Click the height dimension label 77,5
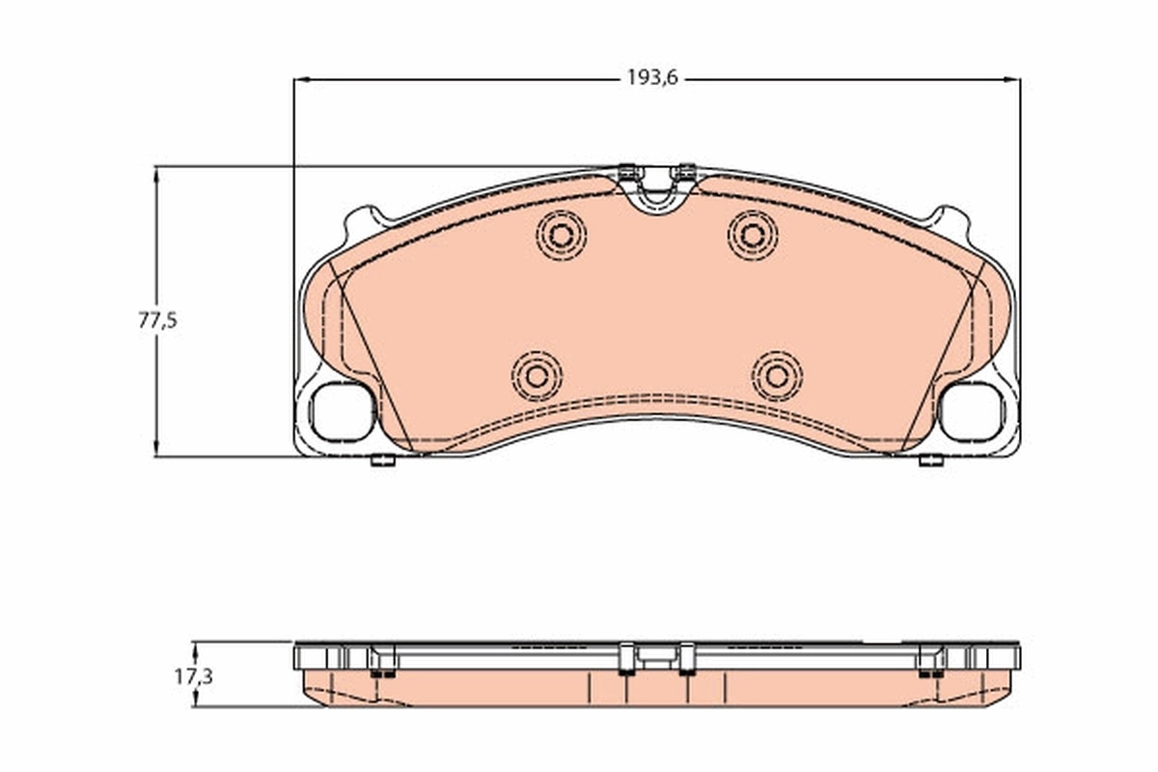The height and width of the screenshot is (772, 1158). [157, 320]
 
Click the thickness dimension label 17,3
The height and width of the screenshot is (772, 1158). [193, 676]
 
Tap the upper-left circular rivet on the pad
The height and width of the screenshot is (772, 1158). [562, 234]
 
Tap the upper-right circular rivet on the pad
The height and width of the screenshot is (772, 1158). [753, 234]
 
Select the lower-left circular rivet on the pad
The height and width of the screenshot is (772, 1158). [537, 375]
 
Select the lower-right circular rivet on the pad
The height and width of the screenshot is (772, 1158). [777, 375]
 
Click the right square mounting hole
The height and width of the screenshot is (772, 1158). [972, 412]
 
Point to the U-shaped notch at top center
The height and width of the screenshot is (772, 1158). [656, 193]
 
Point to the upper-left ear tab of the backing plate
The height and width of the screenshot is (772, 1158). [364, 221]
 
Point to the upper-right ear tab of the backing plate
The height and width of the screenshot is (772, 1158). [949, 221]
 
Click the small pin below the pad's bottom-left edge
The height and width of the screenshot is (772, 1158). [383, 460]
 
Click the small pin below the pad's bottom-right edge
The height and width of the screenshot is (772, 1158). [931, 460]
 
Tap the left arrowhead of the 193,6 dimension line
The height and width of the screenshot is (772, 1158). [300, 79]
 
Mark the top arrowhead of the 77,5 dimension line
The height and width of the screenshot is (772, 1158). [156, 173]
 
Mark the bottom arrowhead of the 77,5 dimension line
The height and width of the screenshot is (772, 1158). [156, 450]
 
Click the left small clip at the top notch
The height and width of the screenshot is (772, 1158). [628, 173]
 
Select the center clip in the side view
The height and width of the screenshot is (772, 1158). [656, 658]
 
